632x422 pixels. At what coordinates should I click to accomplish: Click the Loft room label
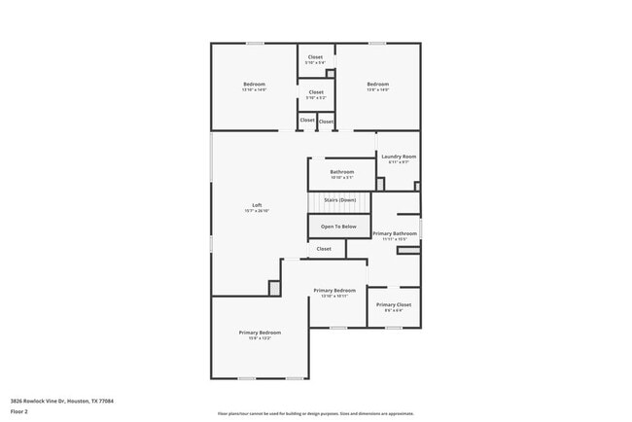(257, 204)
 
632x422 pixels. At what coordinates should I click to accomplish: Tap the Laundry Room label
(399, 157)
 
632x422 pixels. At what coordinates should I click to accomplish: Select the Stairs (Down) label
(339, 200)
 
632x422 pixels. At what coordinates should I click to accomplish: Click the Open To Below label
(338, 227)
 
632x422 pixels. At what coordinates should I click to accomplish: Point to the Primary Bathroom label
(395, 233)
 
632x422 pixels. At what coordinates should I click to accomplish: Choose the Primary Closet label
(394, 304)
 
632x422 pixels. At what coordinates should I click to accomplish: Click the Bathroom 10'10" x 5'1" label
(341, 172)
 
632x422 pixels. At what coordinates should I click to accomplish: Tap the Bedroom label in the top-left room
(254, 84)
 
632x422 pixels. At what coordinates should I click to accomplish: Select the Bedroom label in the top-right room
(377, 84)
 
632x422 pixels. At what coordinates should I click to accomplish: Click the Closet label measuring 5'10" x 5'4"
(316, 57)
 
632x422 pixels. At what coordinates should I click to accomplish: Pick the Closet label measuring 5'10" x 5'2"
(316, 92)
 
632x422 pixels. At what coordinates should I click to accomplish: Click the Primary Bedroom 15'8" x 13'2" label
(260, 333)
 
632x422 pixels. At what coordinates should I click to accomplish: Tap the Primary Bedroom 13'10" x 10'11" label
(334, 290)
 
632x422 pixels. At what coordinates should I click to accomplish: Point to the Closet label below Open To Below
(324, 249)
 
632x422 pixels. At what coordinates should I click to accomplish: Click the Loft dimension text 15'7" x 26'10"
(257, 211)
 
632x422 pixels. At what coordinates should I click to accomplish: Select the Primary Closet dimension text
(394, 311)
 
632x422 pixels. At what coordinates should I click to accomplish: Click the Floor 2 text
(19, 411)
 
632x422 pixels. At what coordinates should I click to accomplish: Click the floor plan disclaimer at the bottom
(316, 413)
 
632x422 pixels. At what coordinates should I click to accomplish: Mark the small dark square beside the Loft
(274, 288)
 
